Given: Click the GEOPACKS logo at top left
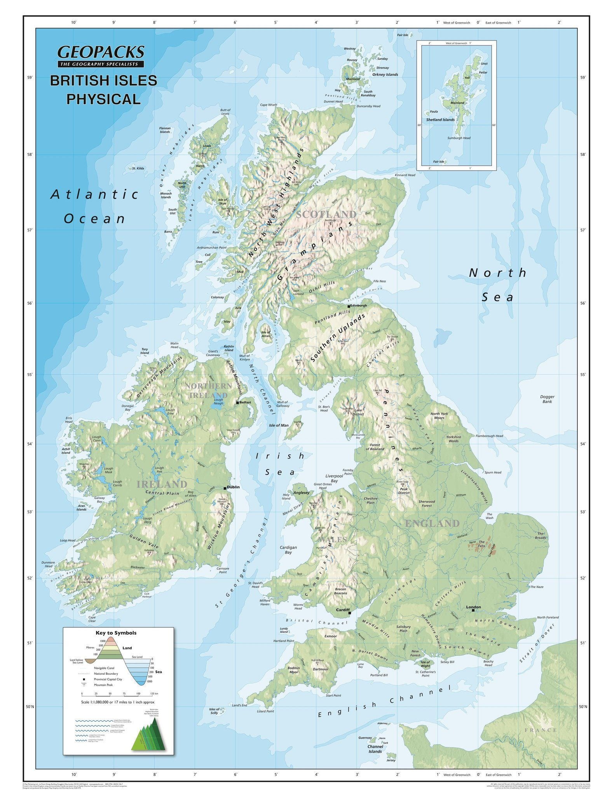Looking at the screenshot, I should pos(101,52).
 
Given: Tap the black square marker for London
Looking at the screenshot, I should pos(473,610).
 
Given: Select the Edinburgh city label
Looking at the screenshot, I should pos(358,305).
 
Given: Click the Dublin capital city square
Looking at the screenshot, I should pos(225,488).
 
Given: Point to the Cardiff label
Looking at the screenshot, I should pos(343,609).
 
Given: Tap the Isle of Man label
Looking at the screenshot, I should pos(279,425).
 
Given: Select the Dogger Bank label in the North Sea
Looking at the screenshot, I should pos(547,399).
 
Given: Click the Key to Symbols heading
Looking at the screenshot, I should pos(116,633).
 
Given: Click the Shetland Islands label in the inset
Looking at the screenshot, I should pos(440,120).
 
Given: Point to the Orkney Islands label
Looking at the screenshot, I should pos(385,75).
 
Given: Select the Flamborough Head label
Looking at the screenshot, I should pos(489,436).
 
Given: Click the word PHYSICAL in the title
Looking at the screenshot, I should pos(103,99).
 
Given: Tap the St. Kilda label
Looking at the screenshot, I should pos(138,168).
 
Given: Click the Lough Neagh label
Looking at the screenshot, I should pos(218,401).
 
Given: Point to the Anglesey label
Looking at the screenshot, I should pos(302,492).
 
